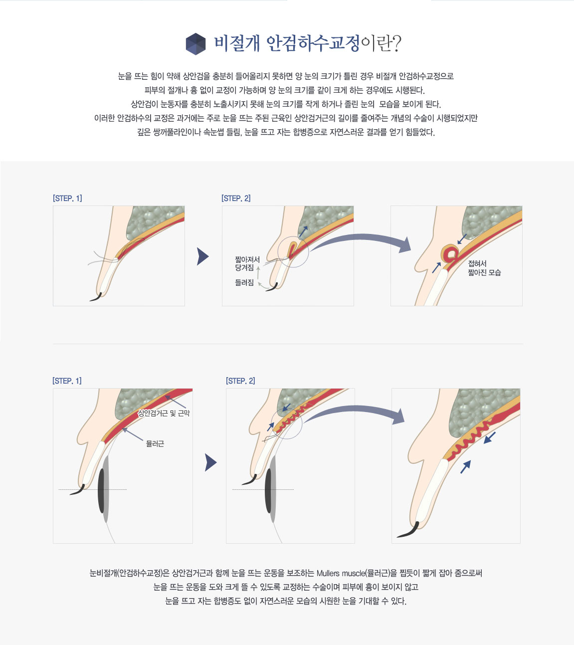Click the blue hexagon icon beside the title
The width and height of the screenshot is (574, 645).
(195, 44)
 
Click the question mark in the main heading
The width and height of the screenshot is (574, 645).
(396, 43)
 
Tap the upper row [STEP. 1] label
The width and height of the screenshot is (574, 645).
(67, 199)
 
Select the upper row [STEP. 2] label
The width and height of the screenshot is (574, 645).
(236, 199)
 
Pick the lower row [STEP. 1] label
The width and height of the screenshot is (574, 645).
(67, 381)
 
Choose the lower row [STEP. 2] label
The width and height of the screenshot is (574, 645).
(240, 381)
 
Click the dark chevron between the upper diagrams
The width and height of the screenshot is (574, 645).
(202, 256)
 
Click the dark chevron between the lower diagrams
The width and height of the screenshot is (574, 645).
(211, 462)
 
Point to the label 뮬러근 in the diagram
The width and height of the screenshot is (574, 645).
(155, 443)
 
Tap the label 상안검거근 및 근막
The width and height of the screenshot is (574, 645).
(164, 413)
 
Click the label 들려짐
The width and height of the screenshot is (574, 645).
(244, 282)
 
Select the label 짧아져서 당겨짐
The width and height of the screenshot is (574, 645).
(247, 263)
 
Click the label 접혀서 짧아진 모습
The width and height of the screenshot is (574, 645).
(484, 268)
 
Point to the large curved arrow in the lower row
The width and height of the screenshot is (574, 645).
(354, 408)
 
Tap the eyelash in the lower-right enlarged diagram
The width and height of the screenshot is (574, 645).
(408, 530)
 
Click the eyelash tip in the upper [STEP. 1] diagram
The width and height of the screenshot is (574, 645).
(90, 300)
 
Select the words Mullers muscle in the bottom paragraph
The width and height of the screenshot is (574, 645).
(340, 573)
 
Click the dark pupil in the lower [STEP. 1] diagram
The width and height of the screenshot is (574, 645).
(101, 490)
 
